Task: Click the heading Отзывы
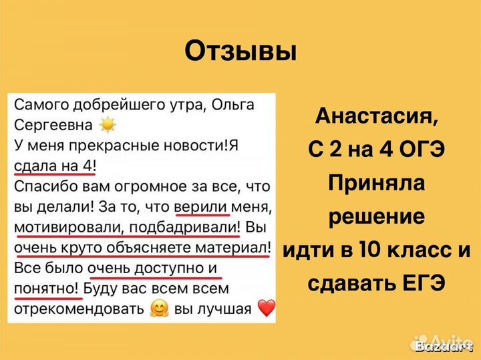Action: (240, 50)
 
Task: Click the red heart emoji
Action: (266, 309)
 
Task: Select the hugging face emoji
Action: (160, 309)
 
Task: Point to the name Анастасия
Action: (377, 118)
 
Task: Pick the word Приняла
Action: (377, 184)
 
